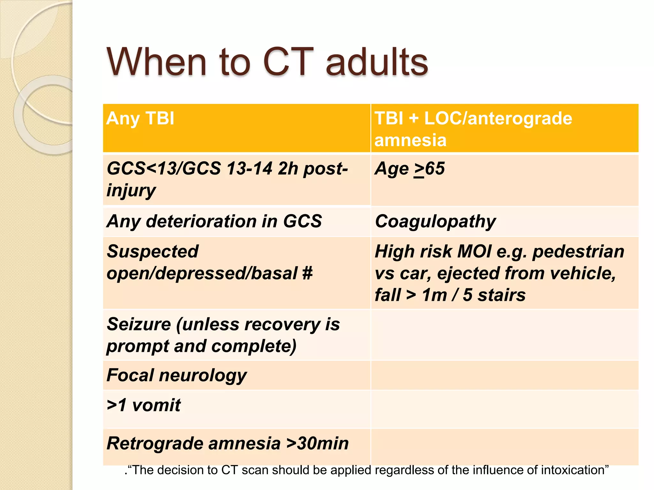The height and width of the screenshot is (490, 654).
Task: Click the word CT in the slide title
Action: click(x=286, y=62)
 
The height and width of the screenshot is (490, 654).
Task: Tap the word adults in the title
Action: click(x=377, y=62)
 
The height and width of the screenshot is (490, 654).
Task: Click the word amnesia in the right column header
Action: click(x=410, y=140)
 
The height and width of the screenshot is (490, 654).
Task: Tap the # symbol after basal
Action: click(x=307, y=273)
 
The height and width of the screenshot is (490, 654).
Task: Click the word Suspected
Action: click(x=153, y=251)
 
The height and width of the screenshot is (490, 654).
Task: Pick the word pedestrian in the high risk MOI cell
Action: click(x=578, y=251)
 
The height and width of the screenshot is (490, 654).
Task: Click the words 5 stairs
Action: click(x=494, y=295)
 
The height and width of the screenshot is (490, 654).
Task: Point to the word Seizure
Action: click(x=139, y=324)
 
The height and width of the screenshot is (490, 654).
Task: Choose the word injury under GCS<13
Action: click(x=131, y=190)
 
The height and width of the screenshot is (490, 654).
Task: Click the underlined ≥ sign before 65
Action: click(x=419, y=169)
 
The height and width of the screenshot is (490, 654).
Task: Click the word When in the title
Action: click(x=156, y=62)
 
